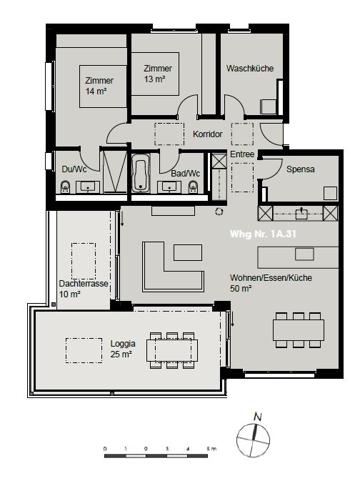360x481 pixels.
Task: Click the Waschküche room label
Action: pyautogui.click(x=250, y=69)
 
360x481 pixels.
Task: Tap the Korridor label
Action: pyautogui.click(x=208, y=134)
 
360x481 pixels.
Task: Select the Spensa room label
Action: pyautogui.click(x=301, y=169)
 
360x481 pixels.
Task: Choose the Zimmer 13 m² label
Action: pyautogui.click(x=157, y=73)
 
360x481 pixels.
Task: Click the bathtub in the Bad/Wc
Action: pyautogui.click(x=140, y=174)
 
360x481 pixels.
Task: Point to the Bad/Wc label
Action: pyautogui.click(x=185, y=173)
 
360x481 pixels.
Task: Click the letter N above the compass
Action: pyautogui.click(x=258, y=417)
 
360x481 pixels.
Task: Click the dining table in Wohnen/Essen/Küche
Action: pyautogui.click(x=299, y=329)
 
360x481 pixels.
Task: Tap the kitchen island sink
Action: pyautogui.click(x=304, y=254)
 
